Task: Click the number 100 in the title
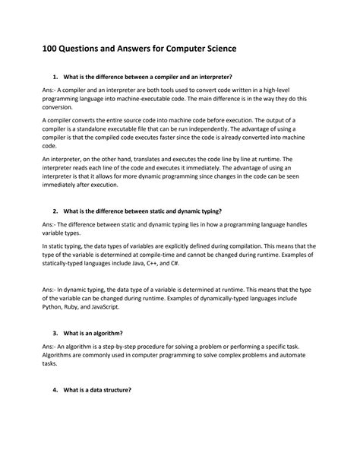coord(52,49)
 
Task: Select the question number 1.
coord(55,77)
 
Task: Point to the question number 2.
coord(55,210)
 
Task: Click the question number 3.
coord(55,333)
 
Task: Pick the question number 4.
coord(55,390)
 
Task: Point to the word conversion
coord(61,108)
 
